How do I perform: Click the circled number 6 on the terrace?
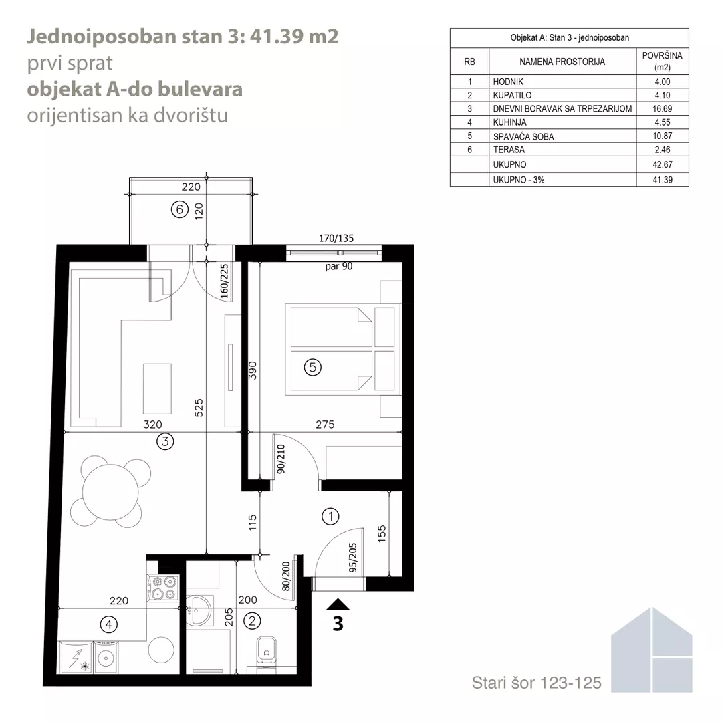180,209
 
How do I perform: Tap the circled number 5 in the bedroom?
313,368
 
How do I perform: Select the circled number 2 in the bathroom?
252,621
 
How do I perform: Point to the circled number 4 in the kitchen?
109,625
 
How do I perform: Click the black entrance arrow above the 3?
338,604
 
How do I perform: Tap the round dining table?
110,491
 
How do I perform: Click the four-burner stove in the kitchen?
162,588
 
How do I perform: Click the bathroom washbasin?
199,610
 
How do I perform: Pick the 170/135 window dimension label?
336,238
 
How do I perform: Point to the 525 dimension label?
199,408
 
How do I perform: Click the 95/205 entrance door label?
353,558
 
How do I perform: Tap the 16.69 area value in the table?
662,109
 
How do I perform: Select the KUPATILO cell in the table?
512,96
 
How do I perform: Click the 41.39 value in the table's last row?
662,180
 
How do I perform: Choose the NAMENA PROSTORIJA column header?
562,62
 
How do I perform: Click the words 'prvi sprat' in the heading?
70,63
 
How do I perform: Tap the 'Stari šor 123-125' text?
536,683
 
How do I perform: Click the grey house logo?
652,650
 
